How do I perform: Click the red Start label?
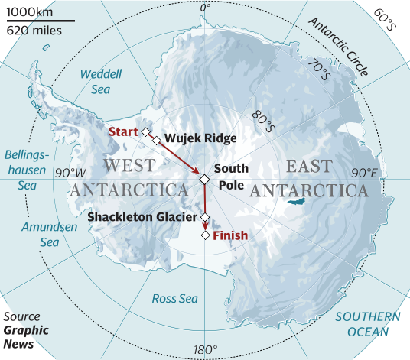click(x=122, y=131)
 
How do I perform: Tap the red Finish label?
click(x=229, y=235)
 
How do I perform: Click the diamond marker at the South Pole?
click(x=204, y=179)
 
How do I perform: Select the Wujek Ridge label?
click(x=200, y=138)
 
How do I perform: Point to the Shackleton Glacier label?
click(x=142, y=217)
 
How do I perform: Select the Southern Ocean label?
click(x=366, y=323)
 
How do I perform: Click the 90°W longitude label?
click(x=70, y=173)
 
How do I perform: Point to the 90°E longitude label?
click(x=365, y=173)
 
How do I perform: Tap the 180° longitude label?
click(x=205, y=350)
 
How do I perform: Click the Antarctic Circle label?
click(x=339, y=45)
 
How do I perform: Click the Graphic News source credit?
click(x=26, y=338)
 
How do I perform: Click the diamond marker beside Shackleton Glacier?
click(x=205, y=217)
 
